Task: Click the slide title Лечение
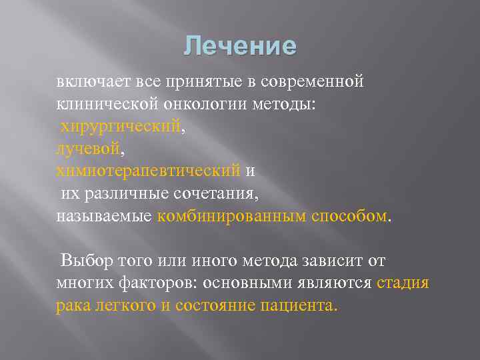pos(240,46)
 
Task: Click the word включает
pos(89,81)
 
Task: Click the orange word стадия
pos(403,283)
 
